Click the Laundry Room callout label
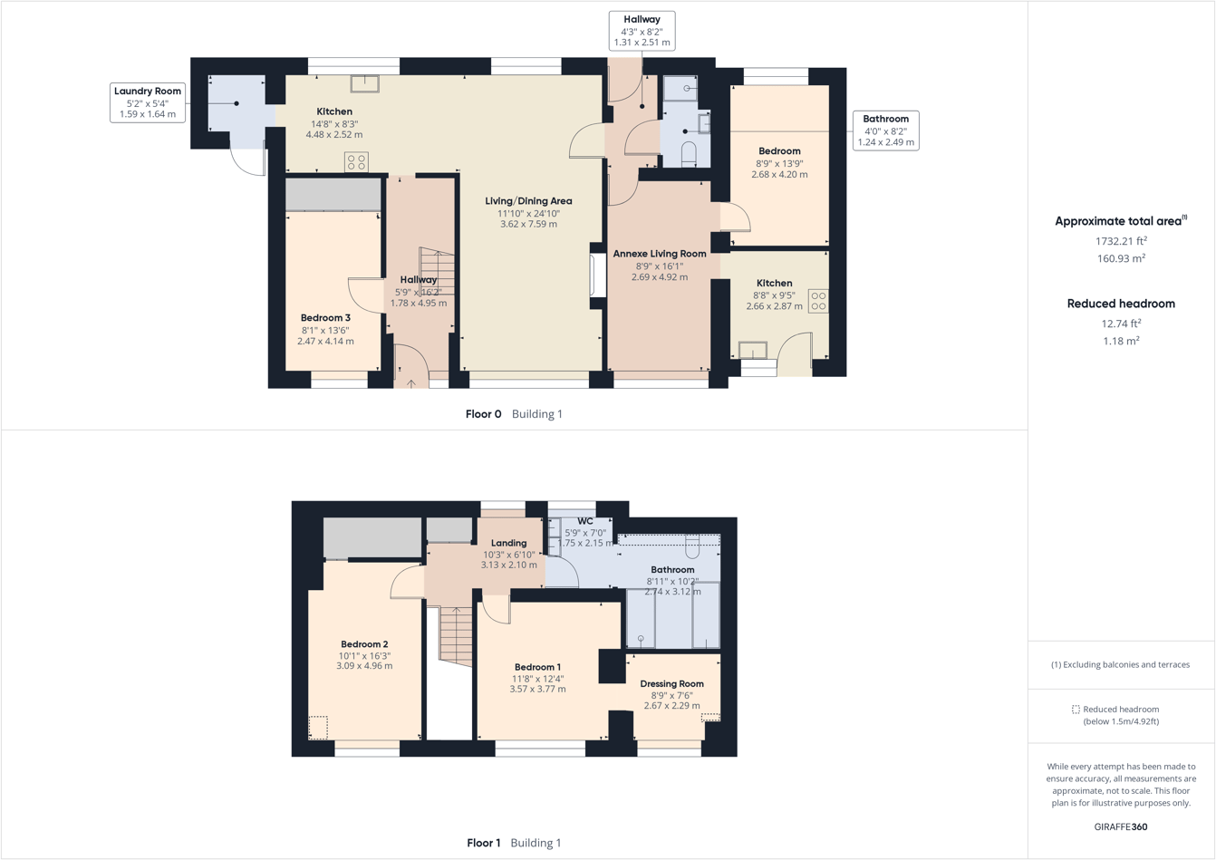point(147,102)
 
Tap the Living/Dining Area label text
point(528,201)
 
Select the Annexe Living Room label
point(659,254)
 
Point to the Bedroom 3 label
point(325,318)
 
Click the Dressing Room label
point(671,684)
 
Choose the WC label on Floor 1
point(585,521)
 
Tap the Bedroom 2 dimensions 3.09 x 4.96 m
point(364,666)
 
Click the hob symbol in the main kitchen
point(356,162)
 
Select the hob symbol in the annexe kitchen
point(817,301)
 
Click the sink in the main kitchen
point(364,83)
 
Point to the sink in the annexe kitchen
point(752,350)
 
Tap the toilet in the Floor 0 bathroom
point(689,152)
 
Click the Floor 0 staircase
point(437,271)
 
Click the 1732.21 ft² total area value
point(1121,241)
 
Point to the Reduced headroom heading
point(1121,304)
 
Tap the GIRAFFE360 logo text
point(1120,826)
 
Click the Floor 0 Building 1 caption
point(514,414)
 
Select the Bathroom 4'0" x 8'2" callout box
point(885,130)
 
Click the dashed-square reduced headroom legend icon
point(1076,710)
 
